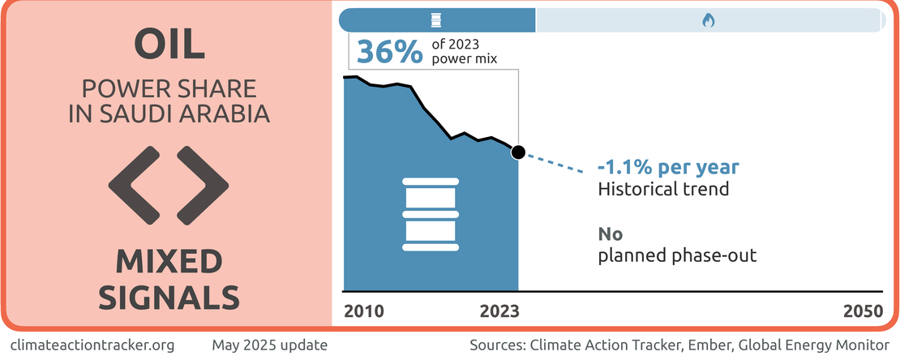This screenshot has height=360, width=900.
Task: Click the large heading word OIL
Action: coord(169,45)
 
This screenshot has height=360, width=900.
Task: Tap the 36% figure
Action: coord(389,52)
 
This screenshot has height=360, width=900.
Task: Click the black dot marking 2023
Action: coord(518,152)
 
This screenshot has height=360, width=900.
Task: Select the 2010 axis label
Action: coord(364,311)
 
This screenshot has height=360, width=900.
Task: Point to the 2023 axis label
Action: coord(499,311)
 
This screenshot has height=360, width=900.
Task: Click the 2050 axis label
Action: coord(863,311)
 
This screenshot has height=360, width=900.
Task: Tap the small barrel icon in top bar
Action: coord(437,20)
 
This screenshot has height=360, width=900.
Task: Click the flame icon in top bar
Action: coord(709,21)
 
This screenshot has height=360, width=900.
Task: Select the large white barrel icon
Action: coord(431,214)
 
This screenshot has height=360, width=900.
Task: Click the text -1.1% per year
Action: coord(668,168)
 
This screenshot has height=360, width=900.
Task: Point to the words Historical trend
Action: coord(663,188)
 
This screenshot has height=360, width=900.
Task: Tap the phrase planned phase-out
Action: coord(677,255)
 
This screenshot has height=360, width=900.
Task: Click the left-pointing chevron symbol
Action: coord(135,186)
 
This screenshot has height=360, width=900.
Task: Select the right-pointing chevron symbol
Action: coord(203,186)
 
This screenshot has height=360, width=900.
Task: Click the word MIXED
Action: coord(169,263)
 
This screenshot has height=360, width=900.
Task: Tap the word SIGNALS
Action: coord(169,298)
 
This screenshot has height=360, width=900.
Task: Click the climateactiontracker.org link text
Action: coord(92,345)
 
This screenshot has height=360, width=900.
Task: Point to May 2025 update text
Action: coord(270,345)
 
